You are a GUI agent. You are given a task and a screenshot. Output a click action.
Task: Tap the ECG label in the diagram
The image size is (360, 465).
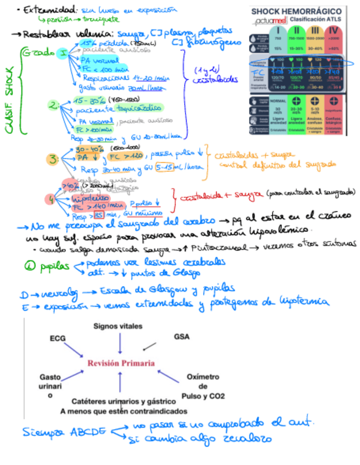58,338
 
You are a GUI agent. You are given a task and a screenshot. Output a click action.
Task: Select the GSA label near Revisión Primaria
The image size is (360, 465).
181,336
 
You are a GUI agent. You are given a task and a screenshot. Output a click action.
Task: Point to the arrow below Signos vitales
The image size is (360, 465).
120,343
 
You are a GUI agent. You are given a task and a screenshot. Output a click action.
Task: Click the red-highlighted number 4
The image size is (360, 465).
52,200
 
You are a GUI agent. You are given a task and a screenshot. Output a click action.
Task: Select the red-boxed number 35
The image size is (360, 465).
99,214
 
